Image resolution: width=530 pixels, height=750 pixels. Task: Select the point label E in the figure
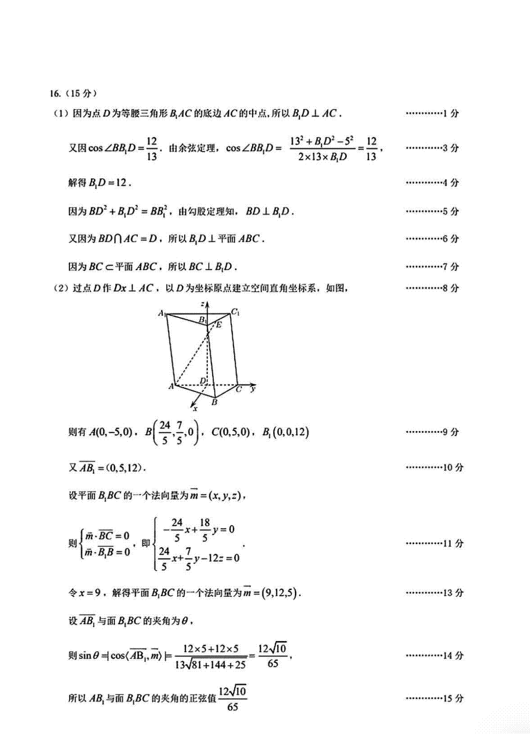click(219, 325)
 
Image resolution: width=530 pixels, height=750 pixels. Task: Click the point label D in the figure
click(202, 380)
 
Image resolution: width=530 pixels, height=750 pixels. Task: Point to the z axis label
click(202, 304)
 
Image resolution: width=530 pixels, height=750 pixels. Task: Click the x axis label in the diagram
click(195, 408)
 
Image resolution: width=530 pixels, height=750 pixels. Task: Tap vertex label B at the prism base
click(215, 402)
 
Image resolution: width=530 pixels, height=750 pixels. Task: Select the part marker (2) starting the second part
click(60, 288)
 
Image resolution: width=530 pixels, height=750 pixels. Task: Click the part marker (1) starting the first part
click(60, 114)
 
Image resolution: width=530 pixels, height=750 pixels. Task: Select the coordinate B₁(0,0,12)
click(285, 432)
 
